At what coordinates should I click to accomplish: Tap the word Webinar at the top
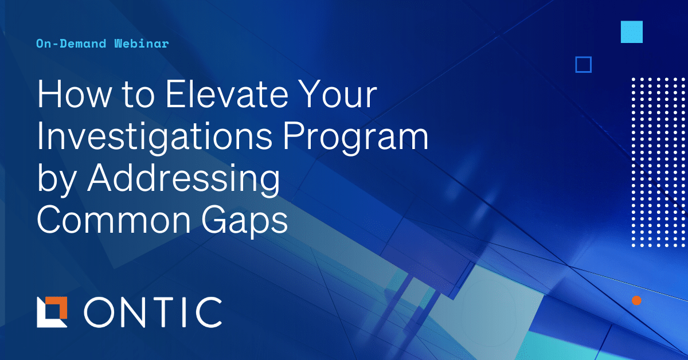point(141,44)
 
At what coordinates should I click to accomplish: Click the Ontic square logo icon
point(52,312)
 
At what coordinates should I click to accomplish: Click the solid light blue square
point(631,32)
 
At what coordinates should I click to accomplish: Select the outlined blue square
point(583,64)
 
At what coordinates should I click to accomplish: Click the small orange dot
point(636,300)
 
